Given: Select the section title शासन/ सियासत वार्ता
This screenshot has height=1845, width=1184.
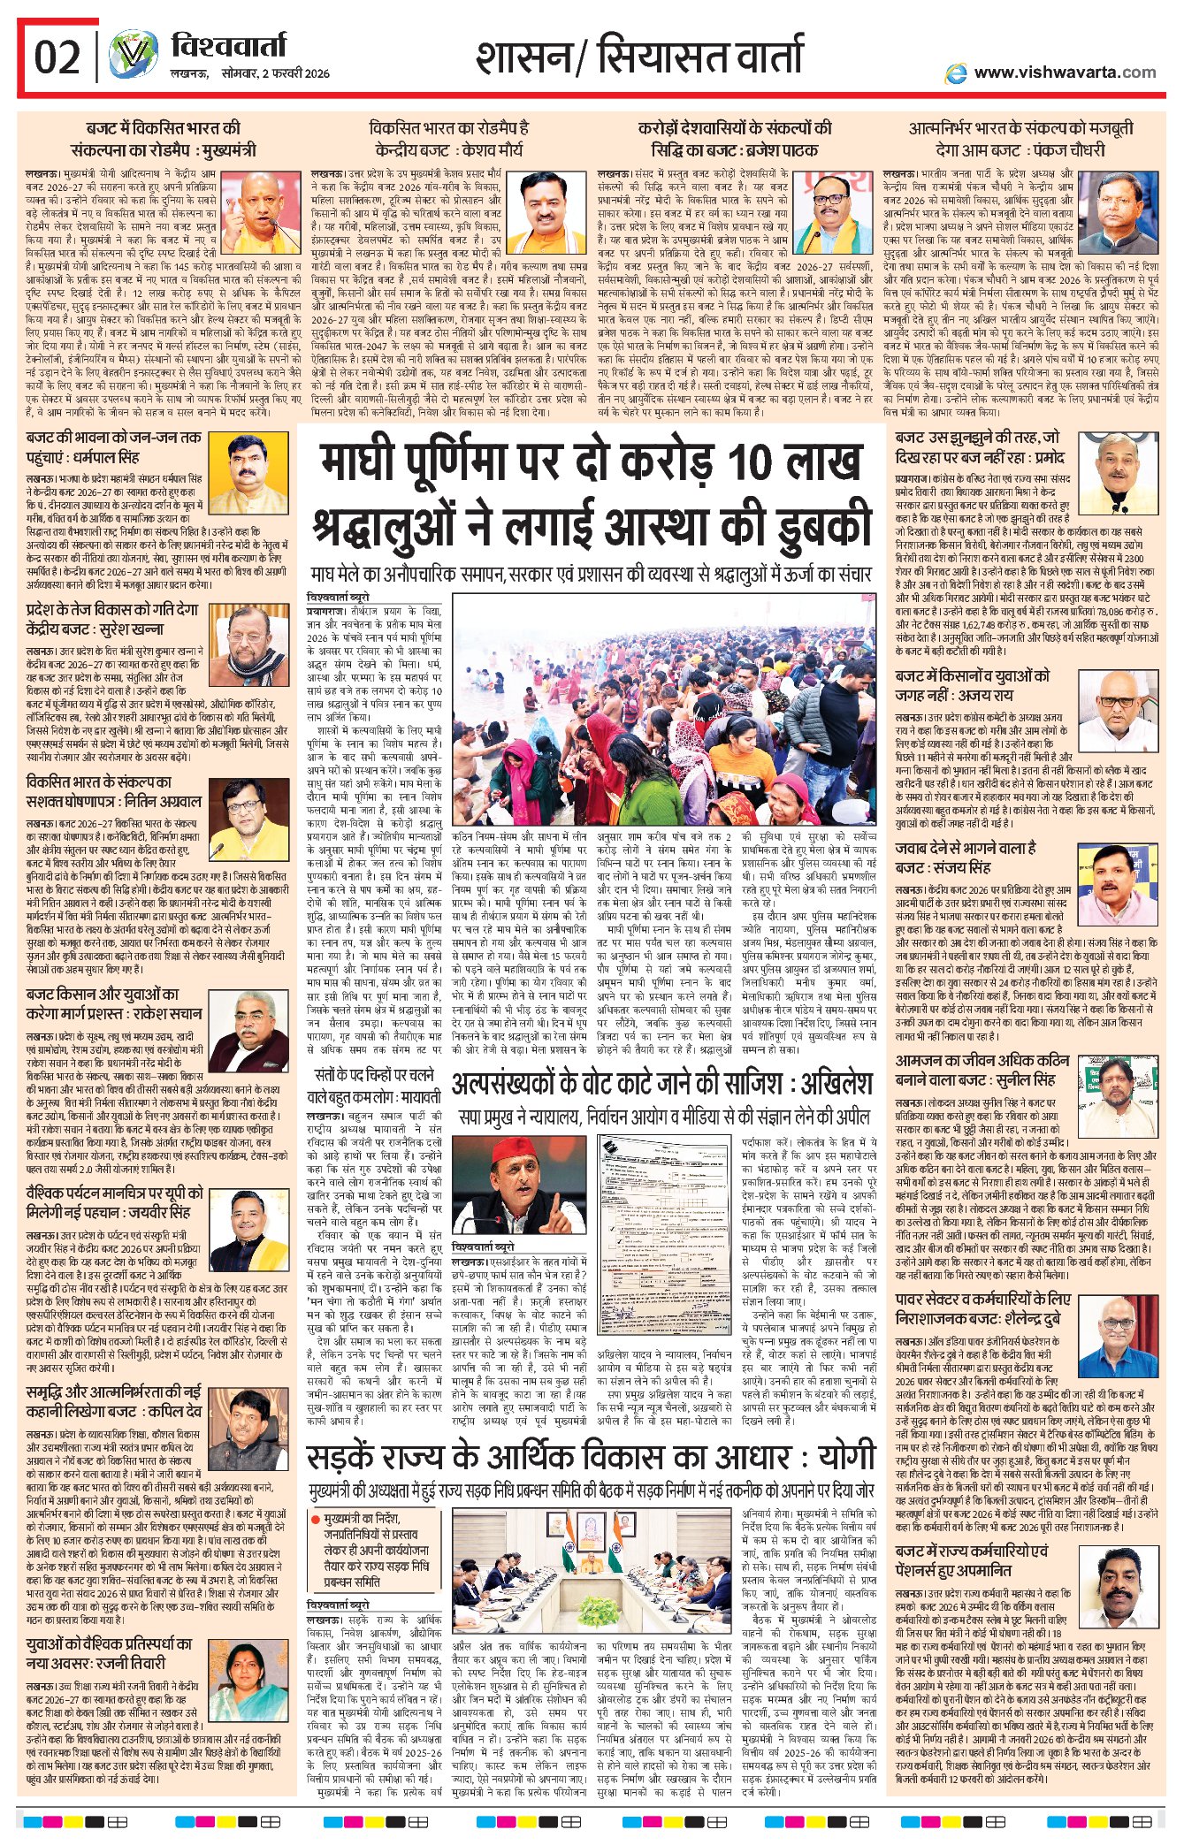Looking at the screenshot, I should point(639,56).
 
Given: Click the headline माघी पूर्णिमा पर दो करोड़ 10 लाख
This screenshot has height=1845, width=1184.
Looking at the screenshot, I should point(591,462).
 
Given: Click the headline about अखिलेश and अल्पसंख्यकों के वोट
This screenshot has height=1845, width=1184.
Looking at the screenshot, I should point(661,1084).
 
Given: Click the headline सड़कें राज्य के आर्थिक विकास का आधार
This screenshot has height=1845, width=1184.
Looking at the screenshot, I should point(592,1457).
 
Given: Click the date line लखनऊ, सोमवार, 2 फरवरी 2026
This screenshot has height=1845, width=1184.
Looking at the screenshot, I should point(250,73).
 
